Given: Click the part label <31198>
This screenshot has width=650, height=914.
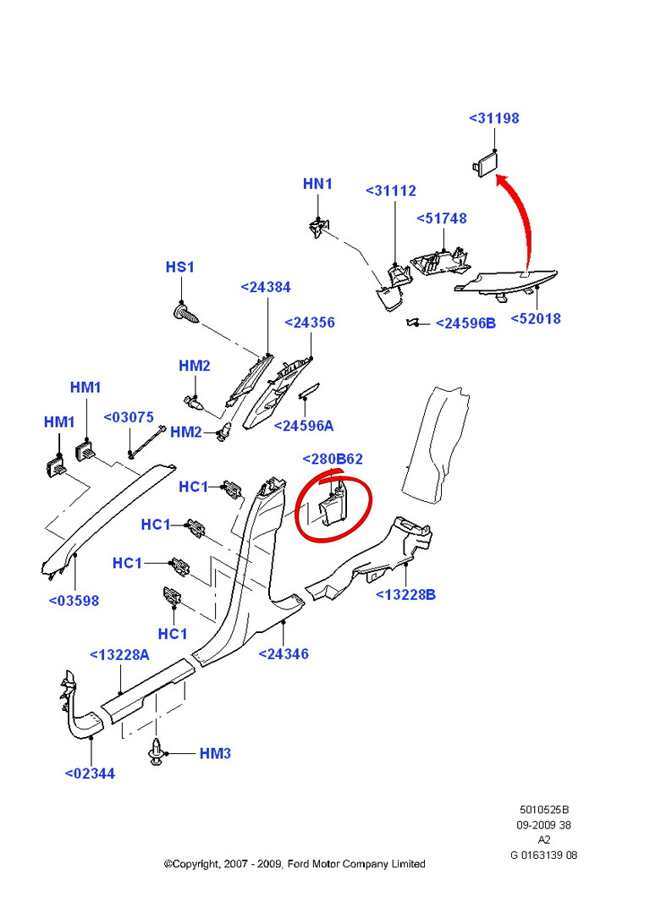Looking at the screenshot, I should click(493, 118).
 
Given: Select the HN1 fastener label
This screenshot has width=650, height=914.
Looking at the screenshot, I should click(318, 184).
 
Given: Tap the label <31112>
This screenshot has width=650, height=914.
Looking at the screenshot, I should click(391, 191).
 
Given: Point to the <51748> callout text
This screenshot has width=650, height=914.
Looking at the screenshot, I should click(441, 218).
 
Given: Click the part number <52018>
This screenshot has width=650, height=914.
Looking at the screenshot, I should click(536, 319).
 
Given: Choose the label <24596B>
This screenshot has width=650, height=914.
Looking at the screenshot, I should click(465, 323).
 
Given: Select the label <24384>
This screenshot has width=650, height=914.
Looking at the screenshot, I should click(266, 287).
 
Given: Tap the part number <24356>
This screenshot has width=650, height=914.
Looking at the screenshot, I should click(310, 322).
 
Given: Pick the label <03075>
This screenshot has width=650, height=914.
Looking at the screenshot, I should click(129, 417).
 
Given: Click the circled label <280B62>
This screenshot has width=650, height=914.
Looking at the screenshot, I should click(333, 460).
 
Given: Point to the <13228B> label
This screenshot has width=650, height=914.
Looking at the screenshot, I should click(406, 595).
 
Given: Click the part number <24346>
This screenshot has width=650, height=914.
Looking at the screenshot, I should click(283, 653).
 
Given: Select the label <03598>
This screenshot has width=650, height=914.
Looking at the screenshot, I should click(74, 601).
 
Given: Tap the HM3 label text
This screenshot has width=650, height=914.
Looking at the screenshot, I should click(215, 753).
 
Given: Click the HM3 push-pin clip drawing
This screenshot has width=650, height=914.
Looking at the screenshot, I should click(157, 752).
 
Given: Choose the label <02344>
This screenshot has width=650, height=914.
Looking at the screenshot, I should click(90, 773).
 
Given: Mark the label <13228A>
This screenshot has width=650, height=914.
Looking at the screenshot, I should click(119, 654).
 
